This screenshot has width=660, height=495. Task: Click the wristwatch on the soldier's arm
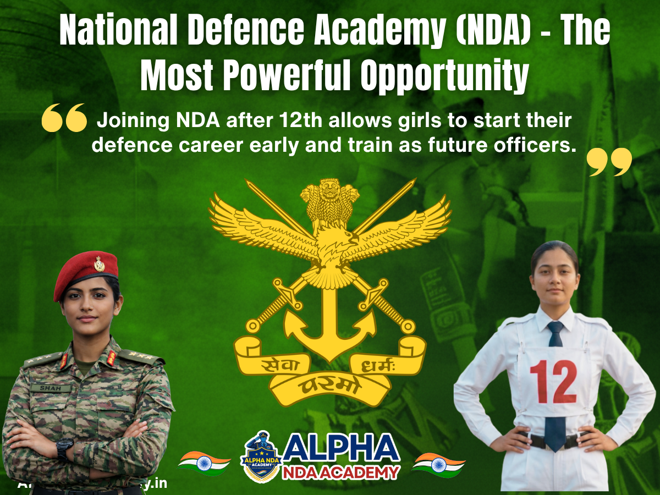pyautogui.click(x=64, y=448)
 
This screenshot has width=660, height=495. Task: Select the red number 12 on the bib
pyautogui.click(x=553, y=382)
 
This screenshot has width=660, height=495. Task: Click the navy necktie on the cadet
pyautogui.click(x=555, y=385)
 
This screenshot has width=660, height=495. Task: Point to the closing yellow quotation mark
pyautogui.click(x=609, y=161)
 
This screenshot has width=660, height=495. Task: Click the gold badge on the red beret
pyautogui.click(x=99, y=264)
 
